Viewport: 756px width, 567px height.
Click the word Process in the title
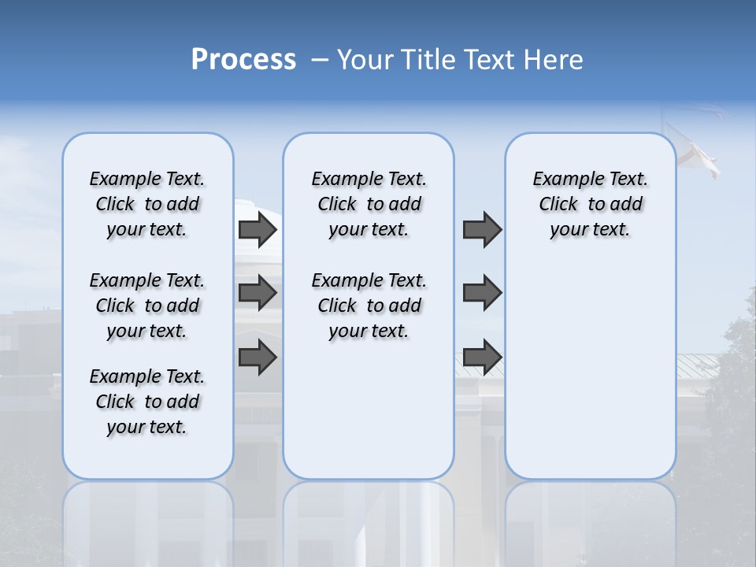point(243,60)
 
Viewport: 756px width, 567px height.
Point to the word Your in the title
point(364,60)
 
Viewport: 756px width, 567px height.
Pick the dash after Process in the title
point(319,61)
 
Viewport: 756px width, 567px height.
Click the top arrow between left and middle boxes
point(258,229)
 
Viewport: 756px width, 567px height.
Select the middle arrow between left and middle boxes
point(258,293)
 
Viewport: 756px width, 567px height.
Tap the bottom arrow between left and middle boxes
point(258,358)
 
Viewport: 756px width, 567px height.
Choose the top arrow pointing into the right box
point(482,229)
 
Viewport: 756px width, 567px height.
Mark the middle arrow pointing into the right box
point(482,293)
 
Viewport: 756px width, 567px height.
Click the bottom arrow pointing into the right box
point(482,358)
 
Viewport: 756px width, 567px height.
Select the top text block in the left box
point(147,204)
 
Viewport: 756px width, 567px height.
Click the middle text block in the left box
point(147,306)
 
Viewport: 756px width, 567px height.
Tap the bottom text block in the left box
point(147,402)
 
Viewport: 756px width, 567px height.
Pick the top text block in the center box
point(369,204)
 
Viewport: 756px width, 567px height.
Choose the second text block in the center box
point(369,306)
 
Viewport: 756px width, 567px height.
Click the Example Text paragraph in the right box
point(590,204)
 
